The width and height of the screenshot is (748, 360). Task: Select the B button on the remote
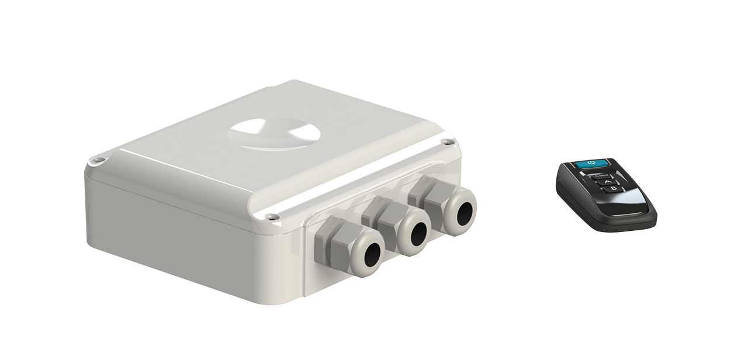click(x=612, y=189)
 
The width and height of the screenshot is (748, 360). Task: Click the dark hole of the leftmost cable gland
click(x=369, y=251)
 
